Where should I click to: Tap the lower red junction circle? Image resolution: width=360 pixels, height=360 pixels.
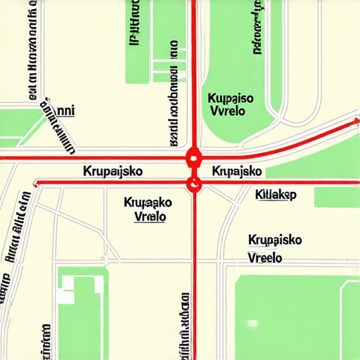pos(193,184)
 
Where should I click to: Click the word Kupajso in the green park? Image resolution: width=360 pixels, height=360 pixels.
pos(231,99)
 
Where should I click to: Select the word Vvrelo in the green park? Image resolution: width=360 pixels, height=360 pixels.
pos(229,112)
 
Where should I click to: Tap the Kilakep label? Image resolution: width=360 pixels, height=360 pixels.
pos(276,194)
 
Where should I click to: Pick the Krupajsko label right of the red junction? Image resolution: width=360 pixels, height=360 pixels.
pos(237,172)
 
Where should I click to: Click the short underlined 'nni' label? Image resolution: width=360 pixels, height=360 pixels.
pos(64,110)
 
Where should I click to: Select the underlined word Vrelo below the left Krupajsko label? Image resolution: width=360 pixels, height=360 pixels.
pos(150,216)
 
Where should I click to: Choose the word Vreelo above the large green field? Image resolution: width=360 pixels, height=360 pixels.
pos(265,258)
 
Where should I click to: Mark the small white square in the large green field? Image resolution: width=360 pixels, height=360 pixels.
pos(252,324)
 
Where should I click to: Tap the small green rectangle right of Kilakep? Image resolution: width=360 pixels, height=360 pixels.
pos(336,197)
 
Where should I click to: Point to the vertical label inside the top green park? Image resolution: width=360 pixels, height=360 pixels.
pos(257,28)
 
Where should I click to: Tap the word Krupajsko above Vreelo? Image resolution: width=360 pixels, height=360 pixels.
pos(275,240)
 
